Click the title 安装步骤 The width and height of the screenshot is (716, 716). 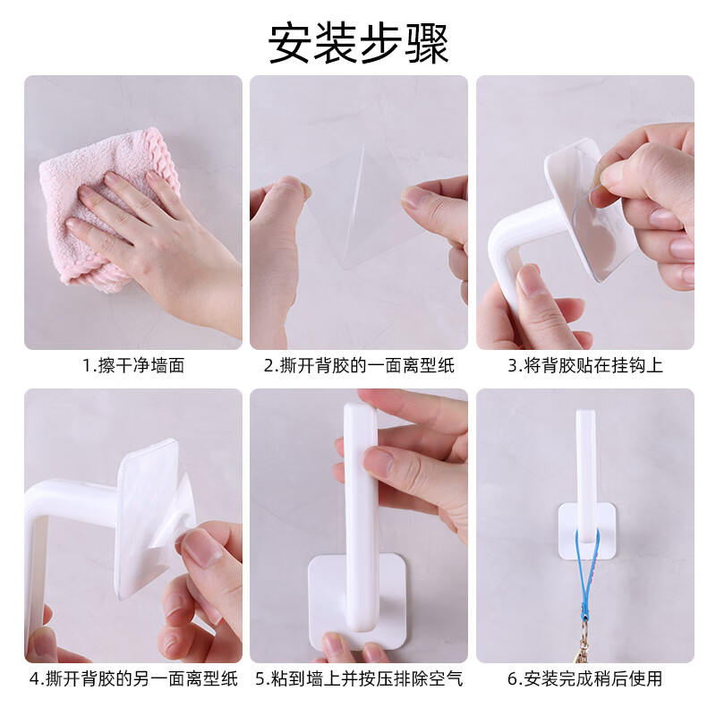pyautogui.click(x=358, y=42)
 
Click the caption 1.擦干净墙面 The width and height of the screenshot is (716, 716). pyautogui.click(x=133, y=366)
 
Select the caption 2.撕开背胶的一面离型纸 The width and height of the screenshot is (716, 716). pyautogui.click(x=358, y=366)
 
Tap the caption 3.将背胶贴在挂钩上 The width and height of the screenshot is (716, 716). pyautogui.click(x=585, y=366)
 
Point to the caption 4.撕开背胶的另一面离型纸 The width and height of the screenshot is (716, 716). pyautogui.click(x=133, y=678)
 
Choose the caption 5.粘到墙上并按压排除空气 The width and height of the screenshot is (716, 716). pyautogui.click(x=358, y=678)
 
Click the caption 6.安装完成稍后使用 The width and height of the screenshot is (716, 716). pyautogui.click(x=585, y=678)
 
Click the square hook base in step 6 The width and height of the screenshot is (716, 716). pyautogui.click(x=586, y=530)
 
